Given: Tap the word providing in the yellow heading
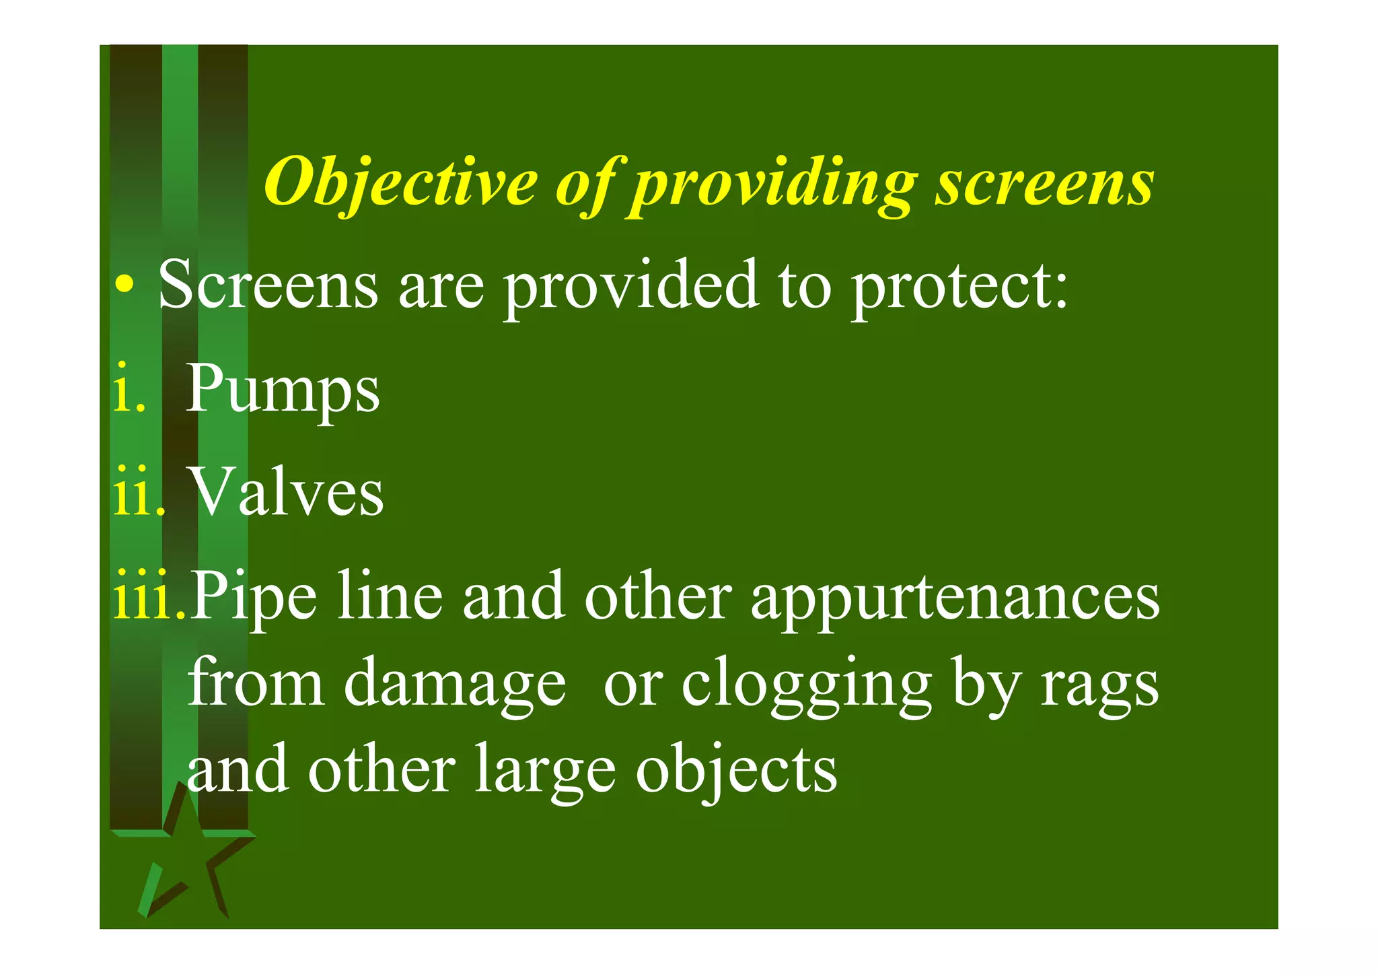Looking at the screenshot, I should (774, 183).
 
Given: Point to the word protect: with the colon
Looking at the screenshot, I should (959, 286).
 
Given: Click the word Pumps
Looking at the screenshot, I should (283, 389).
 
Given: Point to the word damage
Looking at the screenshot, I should (455, 683).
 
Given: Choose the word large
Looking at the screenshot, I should (545, 771).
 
